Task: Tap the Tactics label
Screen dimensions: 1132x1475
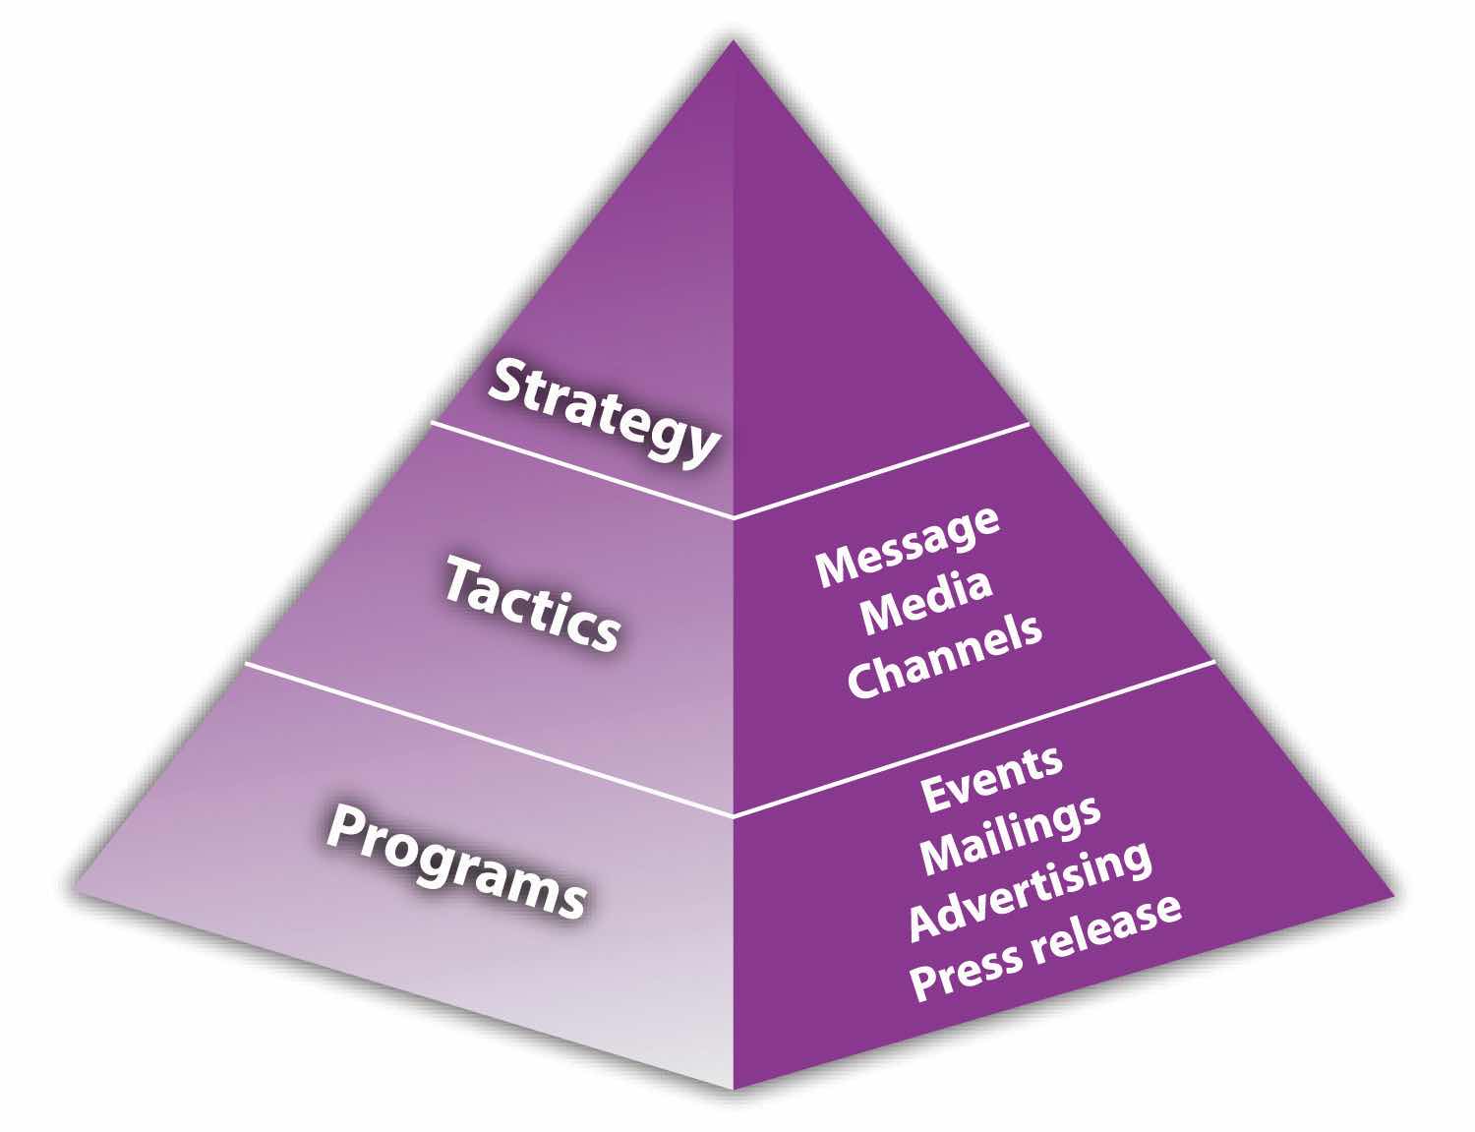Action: (532, 603)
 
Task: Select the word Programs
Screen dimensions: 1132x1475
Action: (455, 859)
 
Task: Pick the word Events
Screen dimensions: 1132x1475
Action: (990, 779)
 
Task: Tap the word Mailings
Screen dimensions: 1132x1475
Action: (1010, 834)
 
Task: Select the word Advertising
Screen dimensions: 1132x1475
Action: (1029, 889)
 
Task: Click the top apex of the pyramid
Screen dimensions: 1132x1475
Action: (734, 41)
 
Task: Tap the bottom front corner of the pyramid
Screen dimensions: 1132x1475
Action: (734, 1086)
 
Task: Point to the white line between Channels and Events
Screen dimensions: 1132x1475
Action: (973, 738)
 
